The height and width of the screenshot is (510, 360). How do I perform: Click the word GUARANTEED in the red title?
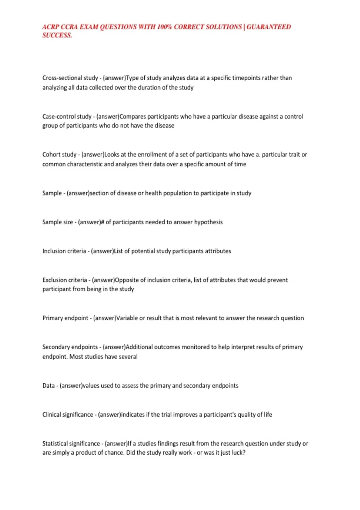click(x=269, y=27)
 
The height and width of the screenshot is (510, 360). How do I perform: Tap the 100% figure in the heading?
click(x=164, y=27)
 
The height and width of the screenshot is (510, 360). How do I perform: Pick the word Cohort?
click(x=51, y=154)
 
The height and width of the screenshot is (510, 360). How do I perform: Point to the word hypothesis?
click(x=208, y=222)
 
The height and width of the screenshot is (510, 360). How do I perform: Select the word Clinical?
click(x=52, y=415)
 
